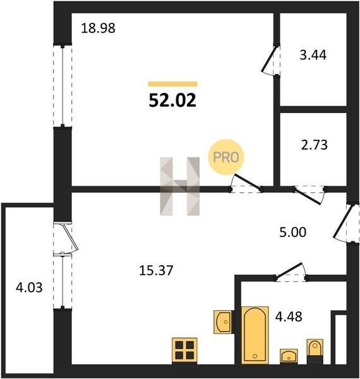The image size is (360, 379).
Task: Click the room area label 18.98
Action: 98,28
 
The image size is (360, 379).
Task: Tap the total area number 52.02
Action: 172,100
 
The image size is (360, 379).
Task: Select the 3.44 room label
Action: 313,55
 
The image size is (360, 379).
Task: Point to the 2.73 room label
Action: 315,145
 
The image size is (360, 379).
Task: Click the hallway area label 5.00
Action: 293,232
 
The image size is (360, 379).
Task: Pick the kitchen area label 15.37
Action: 156,270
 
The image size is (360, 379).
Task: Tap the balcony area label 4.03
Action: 29,288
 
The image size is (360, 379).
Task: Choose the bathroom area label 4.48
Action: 289,316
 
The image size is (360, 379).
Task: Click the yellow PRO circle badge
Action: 226,157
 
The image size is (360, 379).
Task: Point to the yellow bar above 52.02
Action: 173,84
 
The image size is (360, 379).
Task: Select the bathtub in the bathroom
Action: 255,335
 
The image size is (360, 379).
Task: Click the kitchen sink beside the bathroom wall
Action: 222,322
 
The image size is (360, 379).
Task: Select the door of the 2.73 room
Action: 309,194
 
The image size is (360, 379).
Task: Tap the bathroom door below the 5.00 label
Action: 291,272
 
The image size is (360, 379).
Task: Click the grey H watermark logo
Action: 180,186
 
